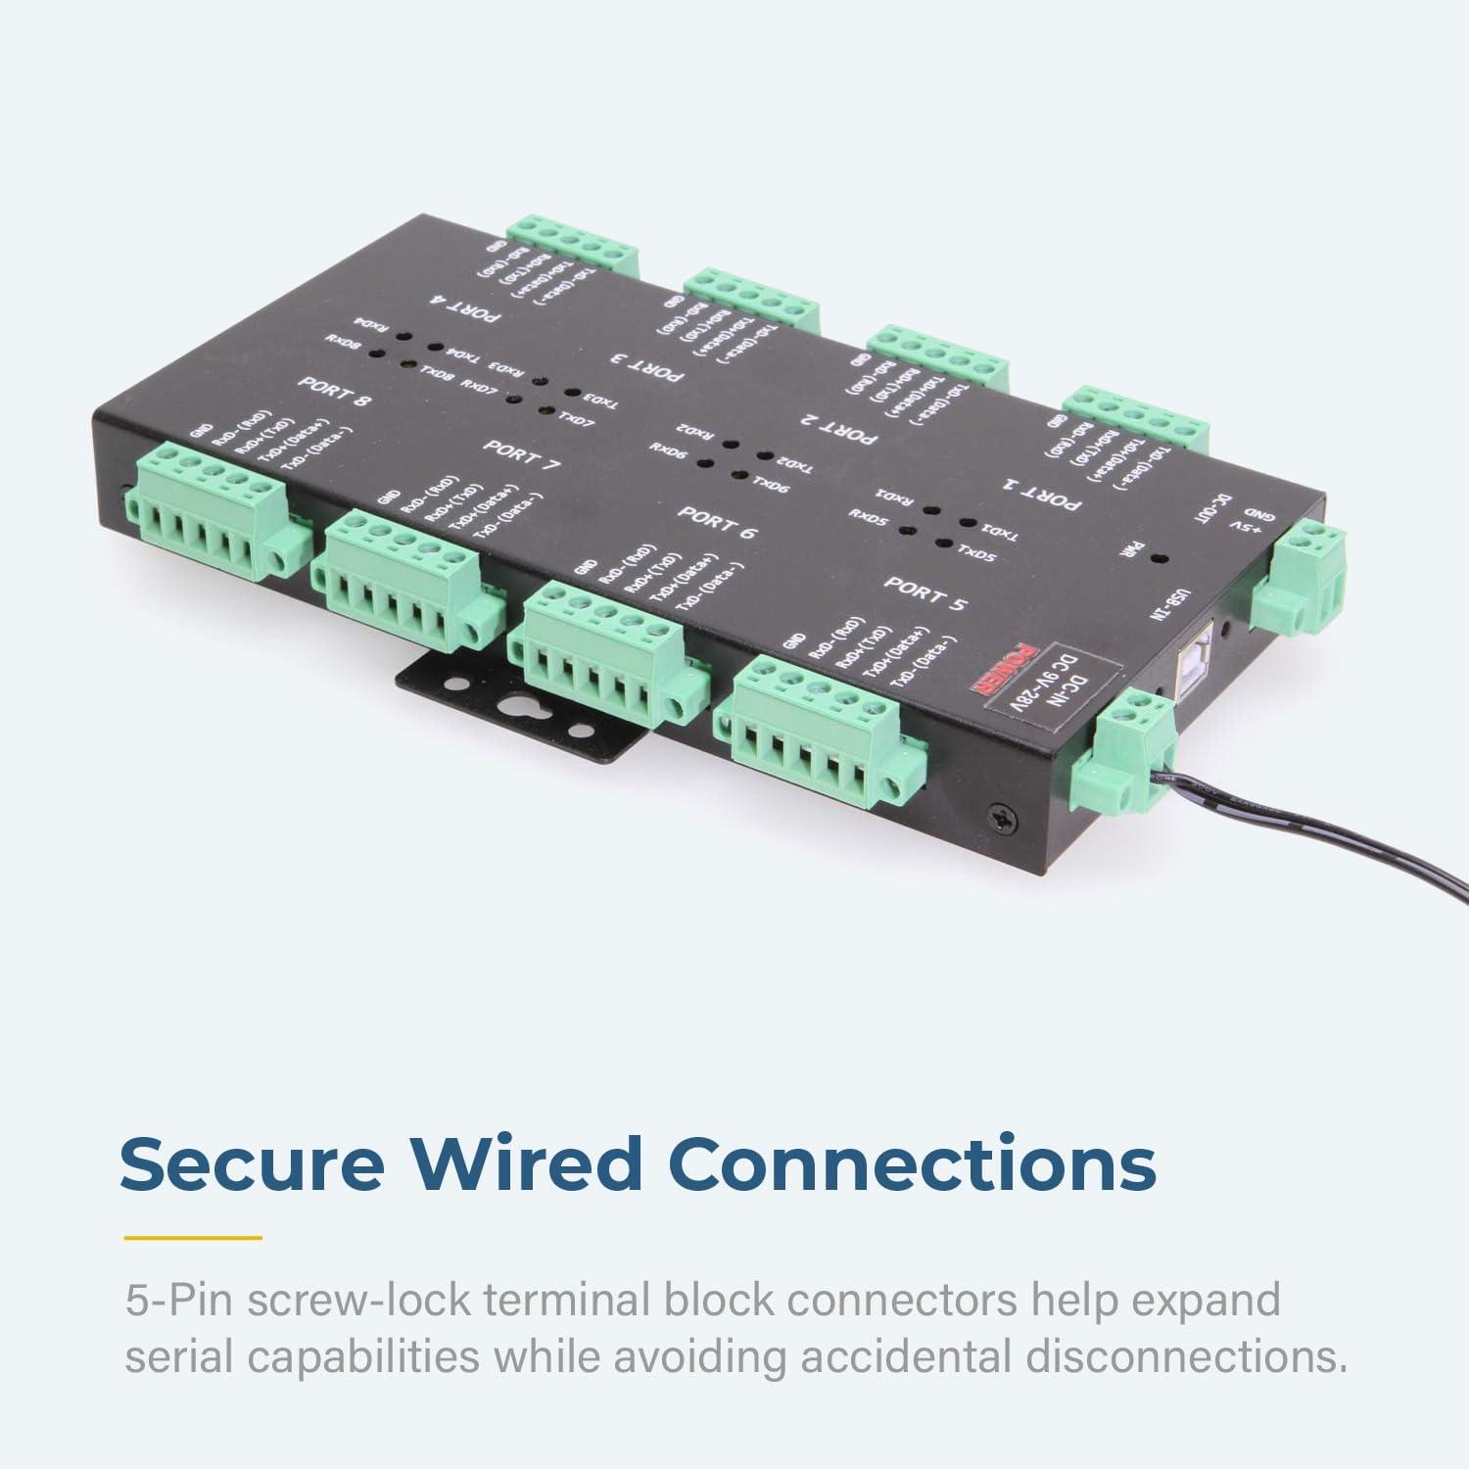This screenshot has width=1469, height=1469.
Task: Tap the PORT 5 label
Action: pos(924,593)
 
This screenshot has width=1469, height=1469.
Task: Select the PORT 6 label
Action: pos(719,523)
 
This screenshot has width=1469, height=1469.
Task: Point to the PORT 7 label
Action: pos(523,455)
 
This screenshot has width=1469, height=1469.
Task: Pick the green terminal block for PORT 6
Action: pos(612,651)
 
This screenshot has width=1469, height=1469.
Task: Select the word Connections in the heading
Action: pos(917,1163)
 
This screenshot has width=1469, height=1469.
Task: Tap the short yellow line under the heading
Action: pos(193,1238)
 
